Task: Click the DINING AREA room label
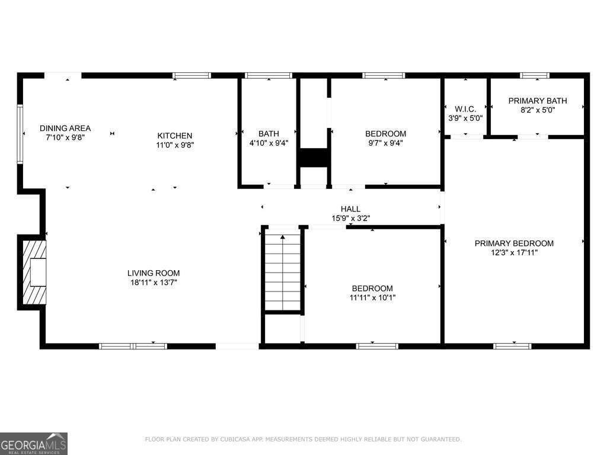pos(65,128)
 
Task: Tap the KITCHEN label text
pos(174,136)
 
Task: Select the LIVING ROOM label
pos(154,273)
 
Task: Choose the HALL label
pos(350,209)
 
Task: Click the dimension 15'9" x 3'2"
pos(350,218)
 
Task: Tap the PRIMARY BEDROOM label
pos(514,243)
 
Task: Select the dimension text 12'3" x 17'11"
pos(514,252)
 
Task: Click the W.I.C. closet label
pos(465,109)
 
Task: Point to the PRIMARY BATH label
pos(538,101)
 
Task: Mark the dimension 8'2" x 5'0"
pos(538,110)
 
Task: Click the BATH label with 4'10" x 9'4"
pos(269,134)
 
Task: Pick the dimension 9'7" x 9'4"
pos(385,143)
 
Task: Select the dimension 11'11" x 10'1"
pos(372,298)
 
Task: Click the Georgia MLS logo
pos(34,443)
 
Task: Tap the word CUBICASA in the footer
pos(249,440)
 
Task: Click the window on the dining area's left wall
pos(20,133)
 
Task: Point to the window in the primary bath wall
pos(535,75)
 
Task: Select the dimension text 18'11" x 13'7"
pos(154,283)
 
